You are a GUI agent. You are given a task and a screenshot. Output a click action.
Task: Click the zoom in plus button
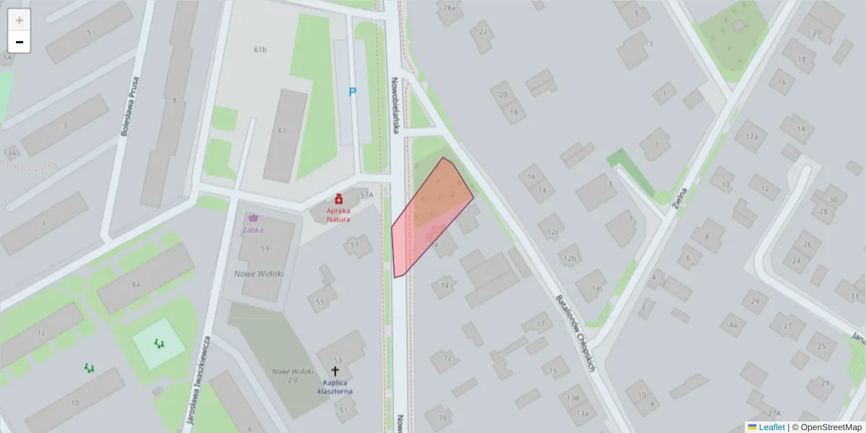(19, 20)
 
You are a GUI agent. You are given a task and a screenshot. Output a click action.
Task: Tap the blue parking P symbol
(353, 92)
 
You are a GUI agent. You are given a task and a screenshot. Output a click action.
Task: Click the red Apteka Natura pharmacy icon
(338, 198)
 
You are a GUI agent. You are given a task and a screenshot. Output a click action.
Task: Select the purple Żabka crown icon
(253, 217)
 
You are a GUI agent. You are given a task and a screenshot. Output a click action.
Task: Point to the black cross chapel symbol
(335, 371)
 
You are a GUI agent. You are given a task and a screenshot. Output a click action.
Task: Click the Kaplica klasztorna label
(335, 387)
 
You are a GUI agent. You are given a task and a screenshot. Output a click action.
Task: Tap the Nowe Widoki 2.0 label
(284, 375)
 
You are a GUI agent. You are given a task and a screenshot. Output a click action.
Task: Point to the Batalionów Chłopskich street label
(574, 333)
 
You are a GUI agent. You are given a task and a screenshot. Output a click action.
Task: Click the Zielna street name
(678, 196)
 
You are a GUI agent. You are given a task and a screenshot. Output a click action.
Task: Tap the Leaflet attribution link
(771, 427)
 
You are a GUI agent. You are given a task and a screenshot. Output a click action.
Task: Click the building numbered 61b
(261, 50)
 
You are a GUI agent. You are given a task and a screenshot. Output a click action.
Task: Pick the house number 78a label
(450, 8)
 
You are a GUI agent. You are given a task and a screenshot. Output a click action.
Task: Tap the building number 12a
(752, 136)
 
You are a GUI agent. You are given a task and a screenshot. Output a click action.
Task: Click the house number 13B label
(573, 398)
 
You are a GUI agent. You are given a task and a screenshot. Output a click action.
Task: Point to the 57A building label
(367, 195)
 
